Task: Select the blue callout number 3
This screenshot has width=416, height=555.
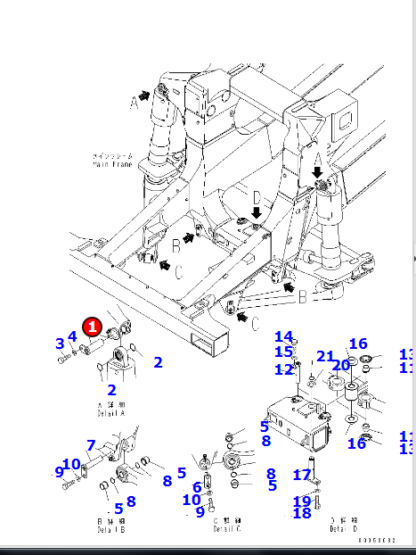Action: [60, 344]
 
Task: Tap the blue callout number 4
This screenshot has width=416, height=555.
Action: [72, 336]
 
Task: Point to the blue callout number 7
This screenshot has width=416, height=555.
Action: [90, 445]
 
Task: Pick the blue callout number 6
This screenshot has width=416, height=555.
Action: [196, 487]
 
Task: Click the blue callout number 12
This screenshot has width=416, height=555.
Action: [283, 369]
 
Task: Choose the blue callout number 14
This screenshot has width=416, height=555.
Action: [283, 336]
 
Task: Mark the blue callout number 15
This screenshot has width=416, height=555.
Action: [283, 352]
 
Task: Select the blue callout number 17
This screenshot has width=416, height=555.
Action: [302, 475]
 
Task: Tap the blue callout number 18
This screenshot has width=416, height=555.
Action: [302, 513]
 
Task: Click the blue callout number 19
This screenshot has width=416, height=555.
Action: [302, 501]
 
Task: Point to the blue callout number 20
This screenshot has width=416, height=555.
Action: [341, 364]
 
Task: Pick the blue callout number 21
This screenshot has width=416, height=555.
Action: [325, 357]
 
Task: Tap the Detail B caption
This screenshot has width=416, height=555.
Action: [110, 526]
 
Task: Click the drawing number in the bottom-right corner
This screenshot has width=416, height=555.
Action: [376, 541]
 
